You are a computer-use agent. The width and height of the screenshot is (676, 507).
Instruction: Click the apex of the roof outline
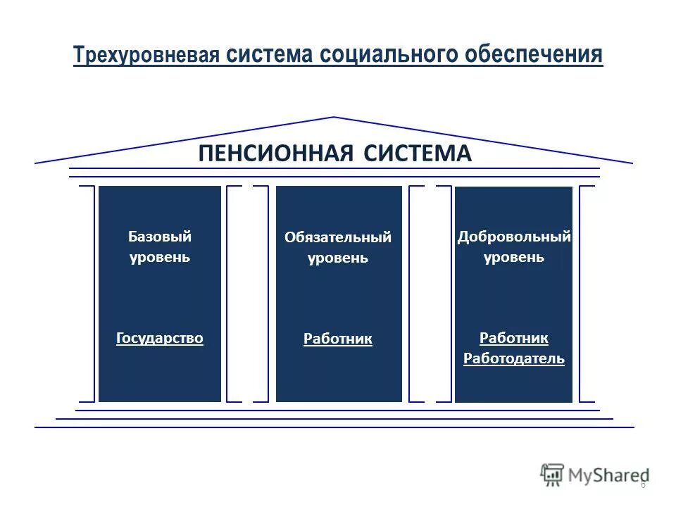point(334,118)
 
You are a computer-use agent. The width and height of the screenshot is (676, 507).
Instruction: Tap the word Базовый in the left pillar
point(159,237)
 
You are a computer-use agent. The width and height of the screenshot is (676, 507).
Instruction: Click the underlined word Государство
point(159,338)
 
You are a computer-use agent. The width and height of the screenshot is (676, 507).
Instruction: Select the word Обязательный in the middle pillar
point(338,237)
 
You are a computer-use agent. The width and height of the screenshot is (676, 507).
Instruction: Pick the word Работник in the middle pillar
point(338,339)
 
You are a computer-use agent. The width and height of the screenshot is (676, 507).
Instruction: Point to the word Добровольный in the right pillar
point(514,237)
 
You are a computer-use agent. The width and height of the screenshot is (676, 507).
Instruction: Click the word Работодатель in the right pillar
point(514,359)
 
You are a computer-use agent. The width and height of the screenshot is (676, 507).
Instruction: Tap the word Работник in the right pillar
point(514,338)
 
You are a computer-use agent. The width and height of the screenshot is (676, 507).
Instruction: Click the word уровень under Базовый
point(159,257)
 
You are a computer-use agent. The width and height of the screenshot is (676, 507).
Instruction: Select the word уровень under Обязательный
point(338,258)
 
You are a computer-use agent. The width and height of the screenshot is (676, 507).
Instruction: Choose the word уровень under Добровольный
point(514,257)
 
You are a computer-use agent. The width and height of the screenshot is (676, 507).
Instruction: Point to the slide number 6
point(642,484)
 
